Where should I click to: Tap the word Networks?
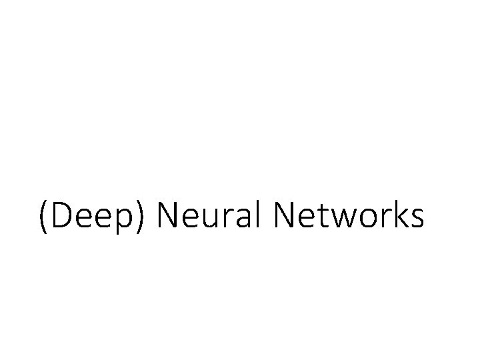[349, 217]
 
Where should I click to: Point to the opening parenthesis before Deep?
[43, 219]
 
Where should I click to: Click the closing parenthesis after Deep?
[147, 219]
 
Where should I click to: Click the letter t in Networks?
[323, 219]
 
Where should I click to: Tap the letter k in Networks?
[401, 217]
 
